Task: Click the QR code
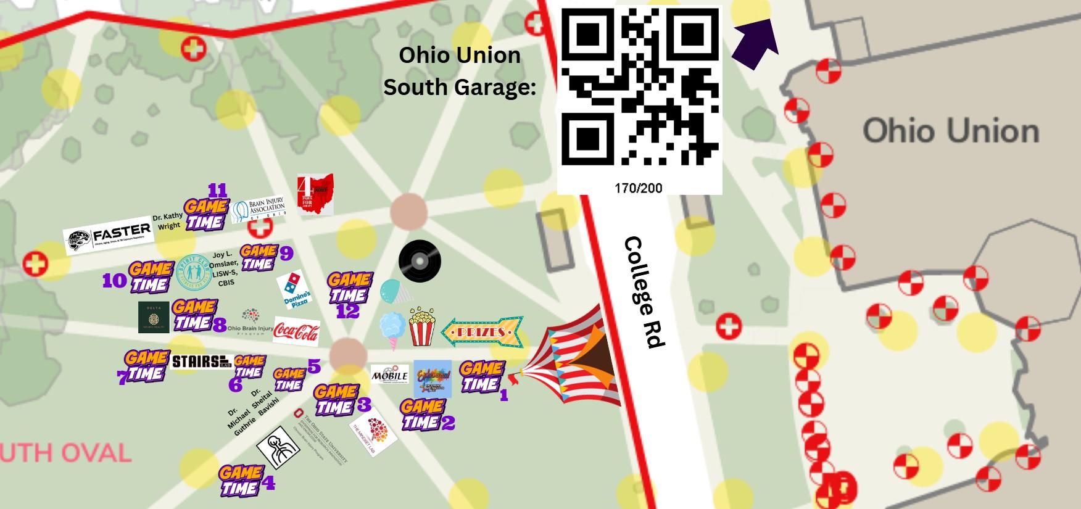point(639,86)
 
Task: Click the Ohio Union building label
point(950,131)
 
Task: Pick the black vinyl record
point(420,260)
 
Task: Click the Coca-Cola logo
point(296,331)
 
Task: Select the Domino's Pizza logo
point(294,290)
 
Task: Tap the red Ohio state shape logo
point(315,194)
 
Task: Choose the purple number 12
point(347,311)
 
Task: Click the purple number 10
point(114,281)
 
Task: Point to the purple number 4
point(268,482)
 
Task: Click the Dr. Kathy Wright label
point(167,221)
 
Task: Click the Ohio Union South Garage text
point(460,71)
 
